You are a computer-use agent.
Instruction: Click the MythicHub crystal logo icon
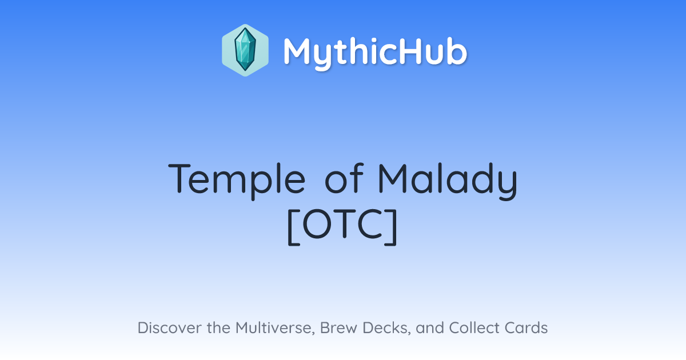pyautogui.click(x=245, y=50)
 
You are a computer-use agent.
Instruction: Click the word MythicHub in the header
pyautogui.click(x=375, y=52)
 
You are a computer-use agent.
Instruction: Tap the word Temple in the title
pyautogui.click(x=237, y=181)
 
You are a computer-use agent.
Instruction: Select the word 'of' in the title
pyautogui.click(x=344, y=178)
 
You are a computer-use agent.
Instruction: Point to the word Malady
pyautogui.click(x=448, y=181)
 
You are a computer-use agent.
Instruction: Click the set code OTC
pyautogui.click(x=343, y=224)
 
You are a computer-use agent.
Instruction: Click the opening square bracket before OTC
pyautogui.click(x=293, y=227)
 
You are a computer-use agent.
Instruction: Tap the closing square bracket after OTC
pyautogui.click(x=391, y=227)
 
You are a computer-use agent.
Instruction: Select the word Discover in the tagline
pyautogui.click(x=169, y=327)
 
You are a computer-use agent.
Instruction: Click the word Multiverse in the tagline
pyautogui.click(x=275, y=328)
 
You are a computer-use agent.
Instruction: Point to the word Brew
pyautogui.click(x=337, y=327)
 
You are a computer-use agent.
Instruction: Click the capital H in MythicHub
pyautogui.click(x=415, y=51)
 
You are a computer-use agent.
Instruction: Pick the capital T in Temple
pyautogui.click(x=180, y=179)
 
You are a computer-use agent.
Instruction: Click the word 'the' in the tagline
pyautogui.click(x=218, y=327)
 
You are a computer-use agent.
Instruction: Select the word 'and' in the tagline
pyautogui.click(x=430, y=327)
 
